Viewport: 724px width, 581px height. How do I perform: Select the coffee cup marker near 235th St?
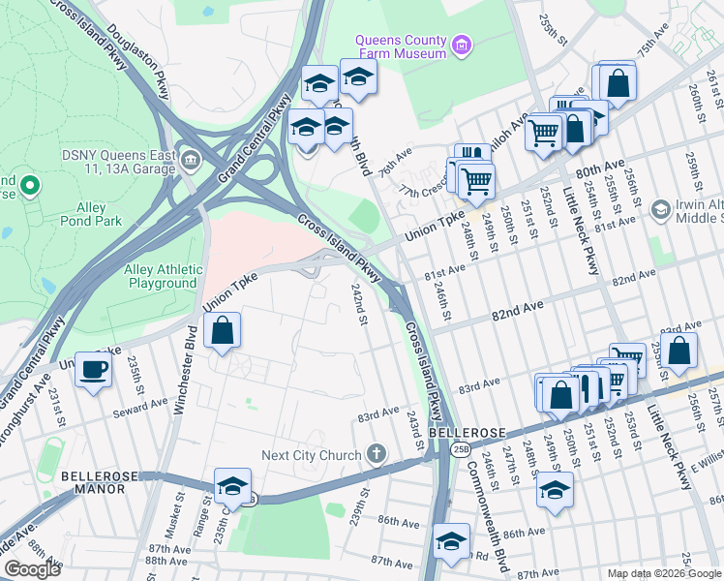click(94, 371)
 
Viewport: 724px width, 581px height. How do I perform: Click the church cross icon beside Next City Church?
click(377, 454)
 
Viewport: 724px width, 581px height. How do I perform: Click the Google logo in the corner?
click(32, 568)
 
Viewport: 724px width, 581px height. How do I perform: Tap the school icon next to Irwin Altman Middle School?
click(661, 210)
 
